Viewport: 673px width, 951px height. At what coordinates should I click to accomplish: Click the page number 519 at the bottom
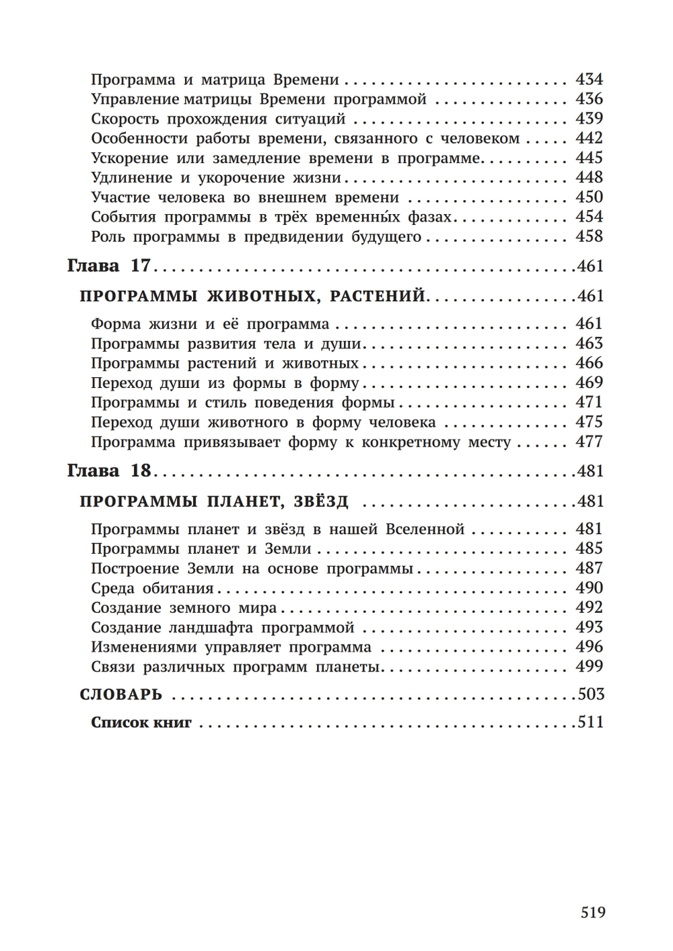tap(593, 913)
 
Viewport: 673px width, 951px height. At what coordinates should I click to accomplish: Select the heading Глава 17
tap(109, 266)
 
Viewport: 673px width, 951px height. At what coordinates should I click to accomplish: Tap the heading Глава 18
tap(109, 471)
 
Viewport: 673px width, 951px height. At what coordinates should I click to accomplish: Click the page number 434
tap(589, 79)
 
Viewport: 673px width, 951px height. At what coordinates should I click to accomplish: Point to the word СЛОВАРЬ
tap(121, 694)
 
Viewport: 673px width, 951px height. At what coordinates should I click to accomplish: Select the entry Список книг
tap(141, 723)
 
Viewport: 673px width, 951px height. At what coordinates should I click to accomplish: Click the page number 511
tap(590, 723)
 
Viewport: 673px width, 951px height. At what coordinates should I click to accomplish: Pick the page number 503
tap(590, 694)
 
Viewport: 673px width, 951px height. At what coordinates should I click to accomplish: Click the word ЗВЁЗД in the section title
tap(321, 502)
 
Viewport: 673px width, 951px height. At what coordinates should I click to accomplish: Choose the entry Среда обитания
tap(152, 588)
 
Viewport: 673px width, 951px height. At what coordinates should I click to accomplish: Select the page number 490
tap(589, 588)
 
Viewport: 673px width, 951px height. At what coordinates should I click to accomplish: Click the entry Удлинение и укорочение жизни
tap(216, 178)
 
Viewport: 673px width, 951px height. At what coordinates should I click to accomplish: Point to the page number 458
tap(589, 236)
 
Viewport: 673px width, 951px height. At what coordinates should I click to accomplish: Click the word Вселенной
tap(425, 529)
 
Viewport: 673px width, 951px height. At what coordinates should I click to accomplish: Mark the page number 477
tap(589, 442)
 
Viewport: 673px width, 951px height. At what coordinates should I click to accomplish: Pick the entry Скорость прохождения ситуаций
tap(218, 119)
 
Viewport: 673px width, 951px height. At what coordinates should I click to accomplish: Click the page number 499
tap(589, 667)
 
